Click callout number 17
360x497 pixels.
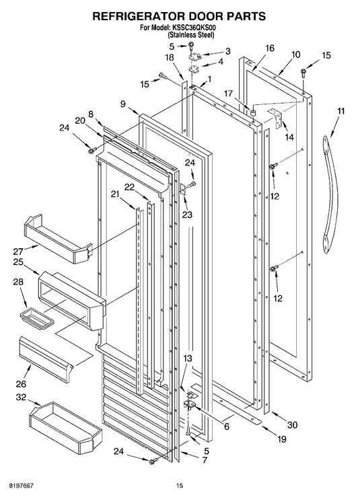[228, 94]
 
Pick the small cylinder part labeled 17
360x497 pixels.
[253, 112]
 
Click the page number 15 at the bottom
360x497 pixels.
[180, 486]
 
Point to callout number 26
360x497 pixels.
[21, 384]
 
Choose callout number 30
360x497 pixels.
[292, 425]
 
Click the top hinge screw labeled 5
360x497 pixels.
[192, 46]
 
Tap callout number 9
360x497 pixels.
[122, 104]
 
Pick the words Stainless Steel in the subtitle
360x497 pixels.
[190, 35]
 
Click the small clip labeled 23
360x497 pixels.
[183, 189]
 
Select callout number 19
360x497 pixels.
[282, 439]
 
